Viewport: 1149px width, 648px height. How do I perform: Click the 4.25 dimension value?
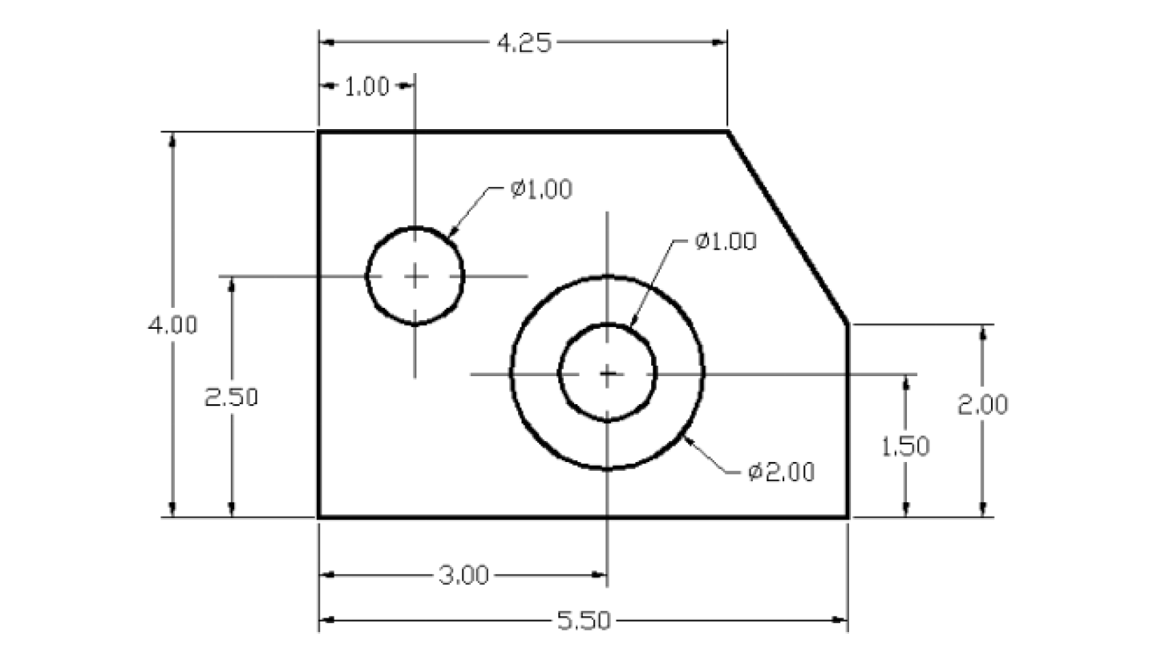click(x=524, y=43)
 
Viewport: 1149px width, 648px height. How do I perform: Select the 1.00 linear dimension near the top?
click(x=366, y=87)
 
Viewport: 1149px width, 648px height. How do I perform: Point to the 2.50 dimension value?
click(x=232, y=397)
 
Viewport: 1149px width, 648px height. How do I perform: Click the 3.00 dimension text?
click(x=463, y=575)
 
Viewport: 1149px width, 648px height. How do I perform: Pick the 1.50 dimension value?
click(x=905, y=446)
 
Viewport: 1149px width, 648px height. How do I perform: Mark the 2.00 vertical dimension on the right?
click(x=983, y=405)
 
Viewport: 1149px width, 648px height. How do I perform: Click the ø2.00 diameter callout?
click(x=782, y=472)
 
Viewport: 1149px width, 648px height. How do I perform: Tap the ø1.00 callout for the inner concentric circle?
click(x=725, y=241)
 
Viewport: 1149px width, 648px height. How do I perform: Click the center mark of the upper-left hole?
click(x=415, y=277)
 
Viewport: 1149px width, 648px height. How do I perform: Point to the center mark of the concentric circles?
click(x=607, y=373)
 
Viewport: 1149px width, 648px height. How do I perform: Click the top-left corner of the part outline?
click(x=319, y=132)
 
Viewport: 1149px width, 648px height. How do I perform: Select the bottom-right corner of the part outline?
click(x=848, y=517)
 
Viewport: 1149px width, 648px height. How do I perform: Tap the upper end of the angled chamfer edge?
click(x=726, y=132)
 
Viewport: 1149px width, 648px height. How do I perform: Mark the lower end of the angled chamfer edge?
click(x=848, y=324)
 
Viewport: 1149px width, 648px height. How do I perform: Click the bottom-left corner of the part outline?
click(x=319, y=517)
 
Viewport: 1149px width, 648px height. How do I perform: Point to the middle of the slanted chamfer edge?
click(x=787, y=228)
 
